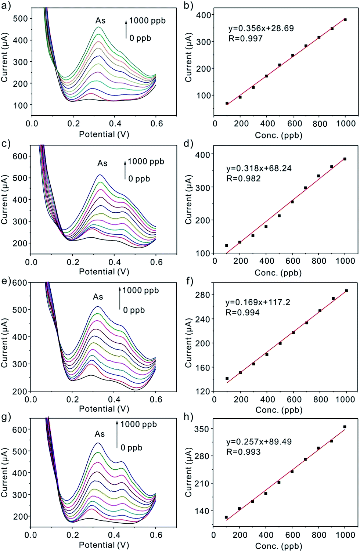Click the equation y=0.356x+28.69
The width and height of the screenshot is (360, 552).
[261, 28]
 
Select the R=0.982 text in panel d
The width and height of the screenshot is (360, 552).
[243, 178]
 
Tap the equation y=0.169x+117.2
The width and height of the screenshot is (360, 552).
[258, 302]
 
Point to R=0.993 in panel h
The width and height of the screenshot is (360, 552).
[243, 452]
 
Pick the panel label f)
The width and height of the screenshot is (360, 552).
[190, 281]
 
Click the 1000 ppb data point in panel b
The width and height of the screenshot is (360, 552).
[345, 20]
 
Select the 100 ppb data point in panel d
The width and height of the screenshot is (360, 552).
[227, 245]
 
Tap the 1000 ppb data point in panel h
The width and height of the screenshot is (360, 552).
[345, 427]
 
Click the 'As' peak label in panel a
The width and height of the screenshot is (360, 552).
[100, 21]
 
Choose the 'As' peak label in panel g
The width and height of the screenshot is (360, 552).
[100, 434]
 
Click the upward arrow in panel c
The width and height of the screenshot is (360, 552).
[125, 169]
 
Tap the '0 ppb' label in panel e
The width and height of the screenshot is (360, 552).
[134, 310]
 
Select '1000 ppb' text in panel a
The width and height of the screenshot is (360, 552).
[147, 21]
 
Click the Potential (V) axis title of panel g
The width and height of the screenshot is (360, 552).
[104, 545]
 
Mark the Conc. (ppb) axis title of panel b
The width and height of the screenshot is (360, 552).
[278, 135]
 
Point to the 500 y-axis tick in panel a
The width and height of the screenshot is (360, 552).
[20, 19]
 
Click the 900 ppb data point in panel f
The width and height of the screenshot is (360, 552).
[333, 298]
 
